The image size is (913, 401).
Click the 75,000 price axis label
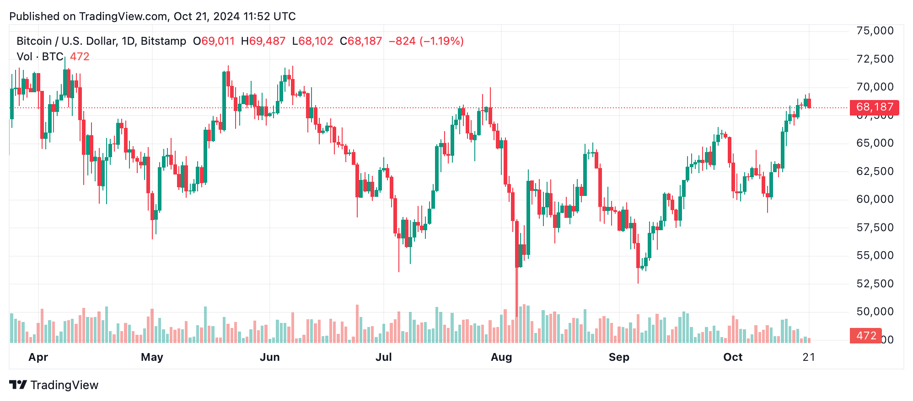[875, 31]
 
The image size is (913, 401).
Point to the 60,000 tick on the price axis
[875, 199]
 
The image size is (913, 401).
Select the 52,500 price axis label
[875, 284]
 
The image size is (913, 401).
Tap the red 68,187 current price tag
[874, 107]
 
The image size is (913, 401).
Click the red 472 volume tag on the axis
[865, 336]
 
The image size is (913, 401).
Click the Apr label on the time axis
[38, 357]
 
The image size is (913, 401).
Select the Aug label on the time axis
[501, 357]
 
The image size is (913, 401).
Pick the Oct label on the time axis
[733, 357]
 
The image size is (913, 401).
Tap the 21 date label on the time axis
[809, 357]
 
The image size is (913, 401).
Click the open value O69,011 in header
[214, 41]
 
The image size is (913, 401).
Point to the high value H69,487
[263, 41]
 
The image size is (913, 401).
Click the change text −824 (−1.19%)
[426, 41]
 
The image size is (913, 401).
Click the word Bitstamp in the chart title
[163, 41]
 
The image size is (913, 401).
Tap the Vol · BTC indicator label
[40, 57]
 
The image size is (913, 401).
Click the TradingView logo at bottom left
[54, 385]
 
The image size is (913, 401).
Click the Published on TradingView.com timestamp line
[152, 16]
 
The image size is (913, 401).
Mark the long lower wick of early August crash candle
[517, 292]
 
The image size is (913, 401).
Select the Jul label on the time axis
[383, 357]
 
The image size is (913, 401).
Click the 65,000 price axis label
[875, 143]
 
